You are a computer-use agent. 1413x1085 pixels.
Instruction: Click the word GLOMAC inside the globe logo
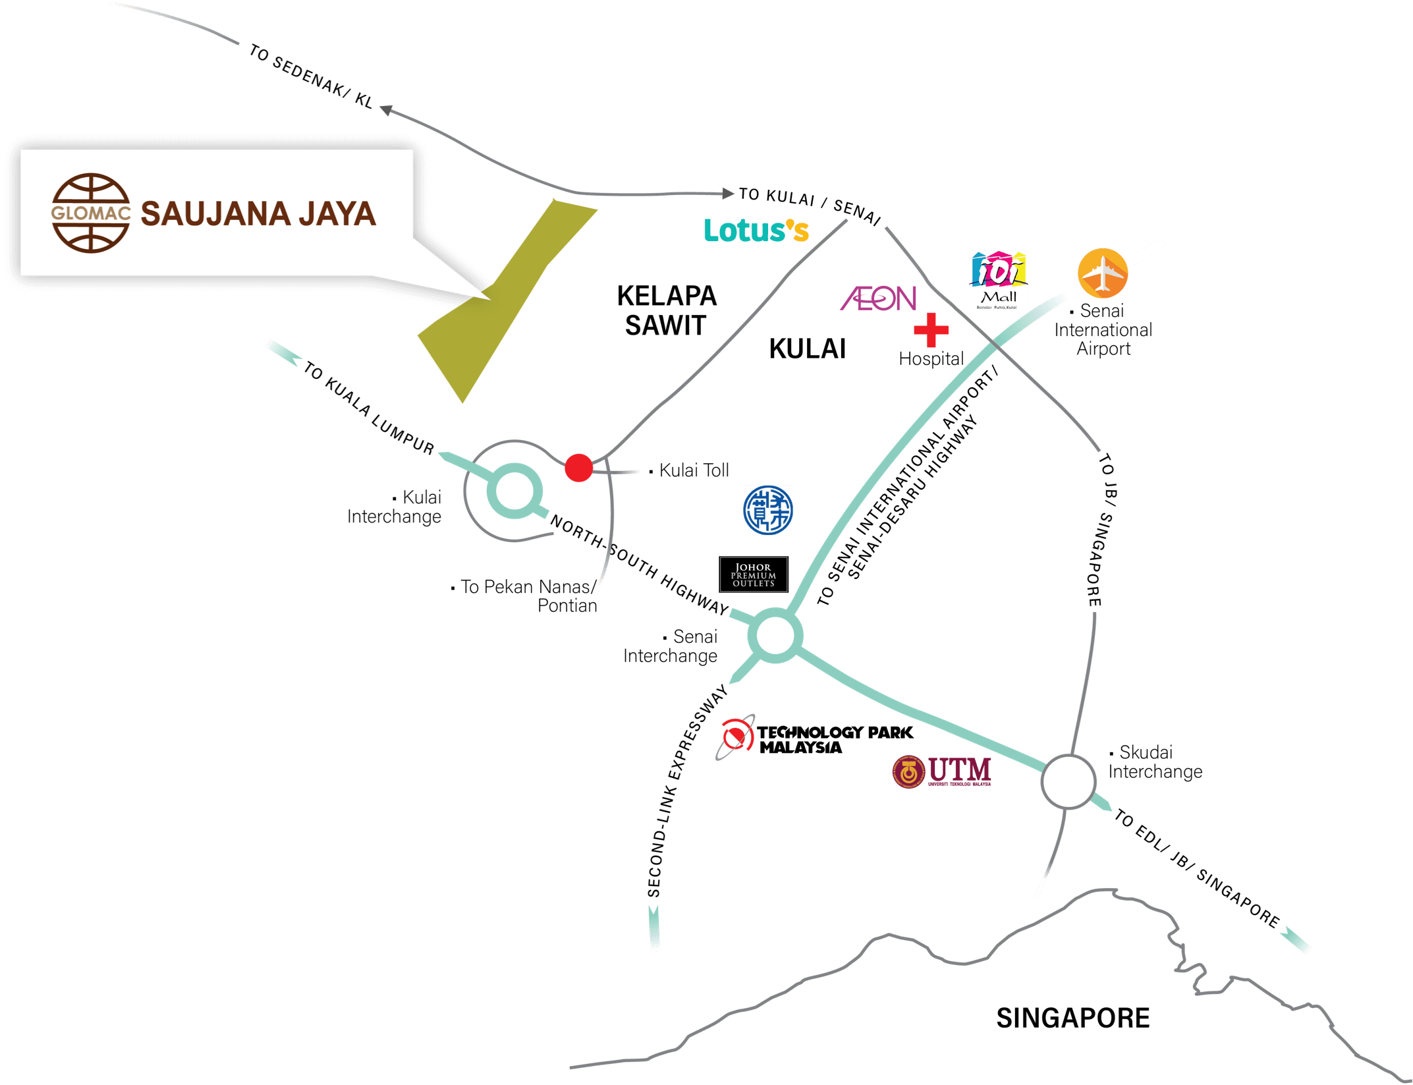[91, 213]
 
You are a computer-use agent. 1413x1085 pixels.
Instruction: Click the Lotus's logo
[756, 231]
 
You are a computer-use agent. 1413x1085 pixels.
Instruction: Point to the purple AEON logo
[878, 298]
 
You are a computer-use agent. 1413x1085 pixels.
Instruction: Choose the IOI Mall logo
[998, 280]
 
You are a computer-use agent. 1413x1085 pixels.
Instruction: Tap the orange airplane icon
[1102, 273]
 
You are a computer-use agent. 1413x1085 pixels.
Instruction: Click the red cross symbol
[931, 330]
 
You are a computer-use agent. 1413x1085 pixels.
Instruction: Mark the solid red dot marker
[578, 468]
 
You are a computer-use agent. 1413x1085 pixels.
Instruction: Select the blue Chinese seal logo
[767, 511]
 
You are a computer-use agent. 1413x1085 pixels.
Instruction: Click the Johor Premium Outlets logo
[754, 574]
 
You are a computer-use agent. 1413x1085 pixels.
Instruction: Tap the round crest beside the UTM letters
[908, 771]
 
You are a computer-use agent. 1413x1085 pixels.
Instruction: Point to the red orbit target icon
[736, 737]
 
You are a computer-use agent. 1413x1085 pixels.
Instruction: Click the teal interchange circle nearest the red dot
[514, 491]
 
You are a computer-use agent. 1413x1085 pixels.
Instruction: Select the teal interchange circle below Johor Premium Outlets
[775, 636]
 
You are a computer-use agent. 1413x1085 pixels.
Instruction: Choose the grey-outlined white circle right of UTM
[1068, 782]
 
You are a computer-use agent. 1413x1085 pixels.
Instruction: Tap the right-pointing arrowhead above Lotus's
[728, 193]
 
